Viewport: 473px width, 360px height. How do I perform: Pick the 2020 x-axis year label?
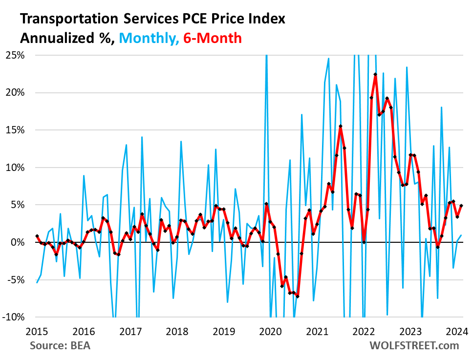[x=270, y=331]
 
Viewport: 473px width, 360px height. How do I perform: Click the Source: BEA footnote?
[x=60, y=345]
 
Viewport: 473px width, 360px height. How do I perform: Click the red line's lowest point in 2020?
[x=298, y=296]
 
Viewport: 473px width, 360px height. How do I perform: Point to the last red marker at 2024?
[x=461, y=206]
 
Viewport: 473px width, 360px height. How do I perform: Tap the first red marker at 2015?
[x=37, y=236]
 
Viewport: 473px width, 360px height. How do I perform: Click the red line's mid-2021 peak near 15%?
[x=341, y=127]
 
